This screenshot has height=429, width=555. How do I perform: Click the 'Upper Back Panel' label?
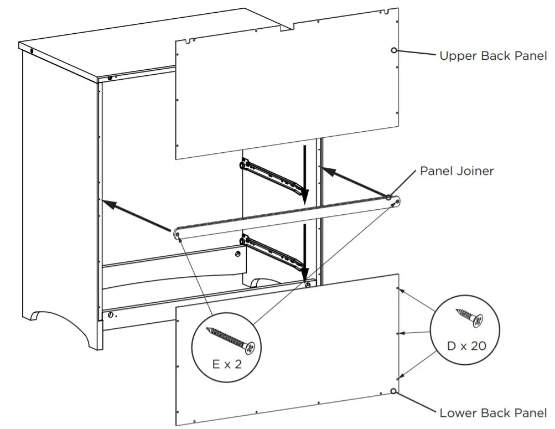492,56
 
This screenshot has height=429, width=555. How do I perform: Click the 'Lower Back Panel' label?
492,413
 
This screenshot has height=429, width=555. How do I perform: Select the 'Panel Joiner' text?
457,170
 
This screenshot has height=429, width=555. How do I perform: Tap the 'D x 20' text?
466,346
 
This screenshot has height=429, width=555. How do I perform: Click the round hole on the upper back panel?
394,51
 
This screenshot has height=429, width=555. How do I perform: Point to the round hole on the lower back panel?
393,391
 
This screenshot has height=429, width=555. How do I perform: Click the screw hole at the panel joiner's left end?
178,235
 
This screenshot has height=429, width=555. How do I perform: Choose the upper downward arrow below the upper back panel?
303,172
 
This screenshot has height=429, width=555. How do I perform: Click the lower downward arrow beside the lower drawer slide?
304,252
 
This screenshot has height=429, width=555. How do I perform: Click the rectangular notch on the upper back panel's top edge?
285,25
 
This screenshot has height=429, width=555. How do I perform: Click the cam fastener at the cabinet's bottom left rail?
112,315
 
